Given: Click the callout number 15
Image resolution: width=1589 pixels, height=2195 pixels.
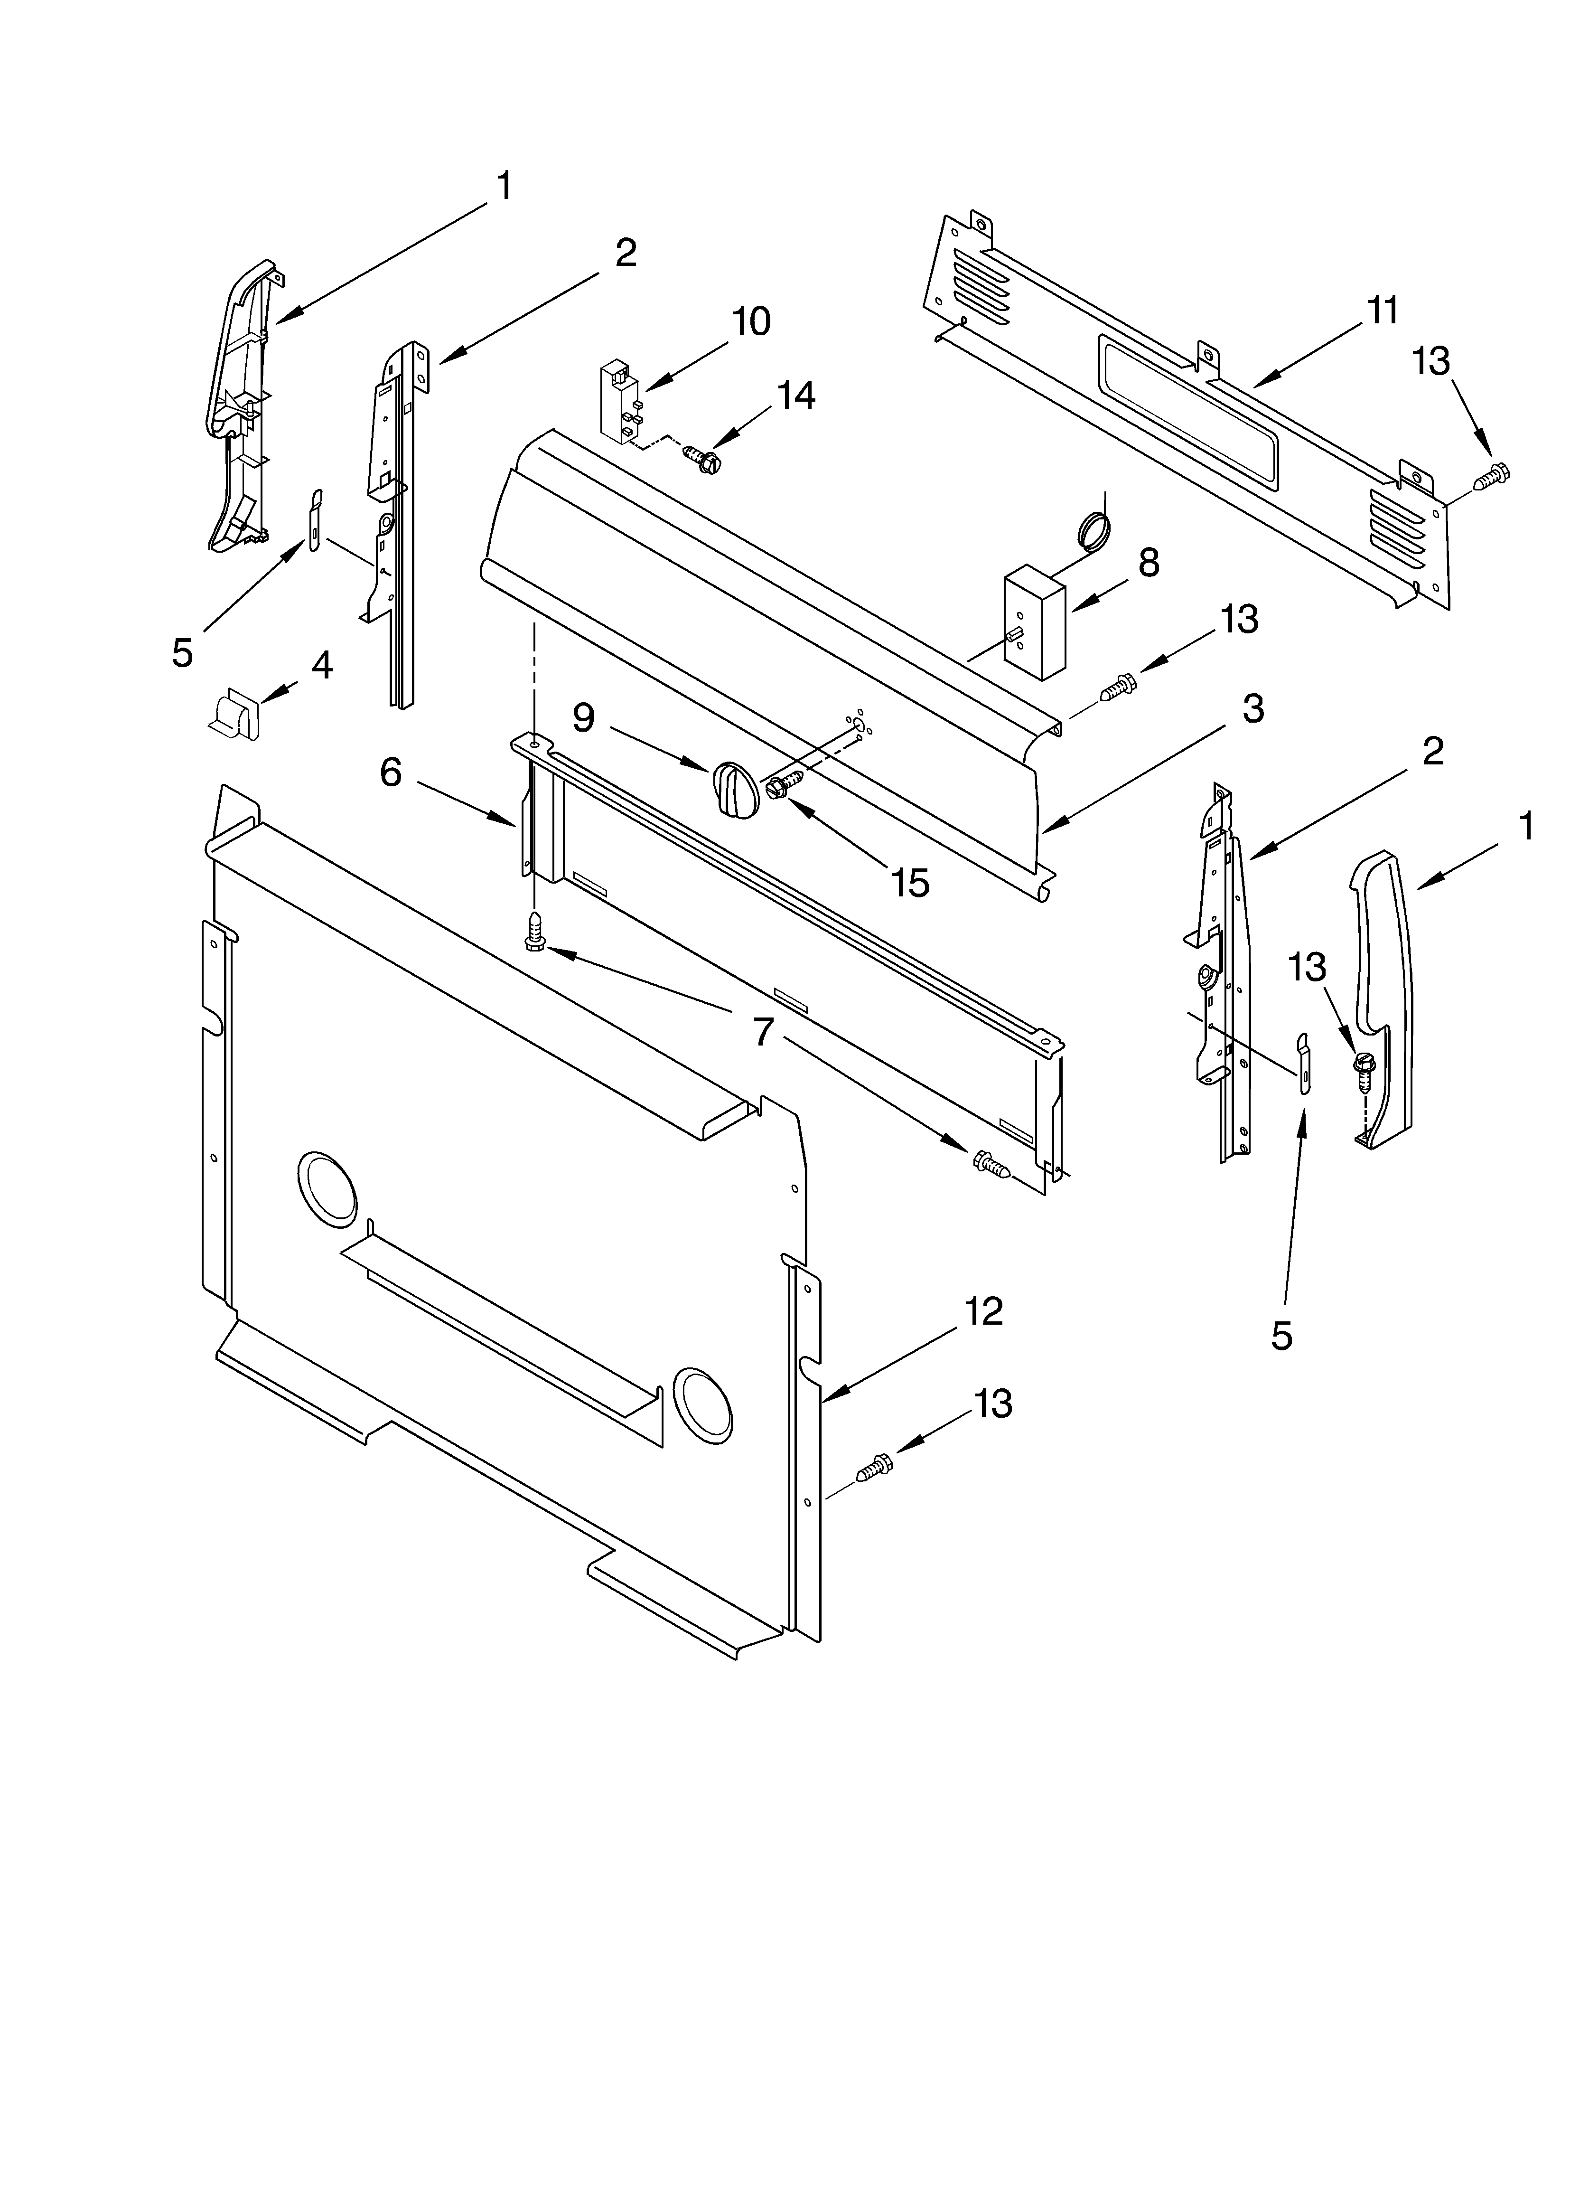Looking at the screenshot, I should (x=910, y=883).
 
